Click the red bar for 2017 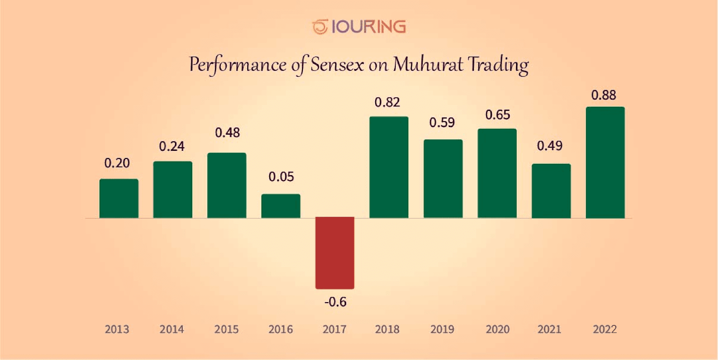tap(335, 253)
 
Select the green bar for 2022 tap(605, 162)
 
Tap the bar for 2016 tap(281, 206)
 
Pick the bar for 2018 tap(389, 167)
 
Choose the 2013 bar tap(119, 198)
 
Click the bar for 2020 tap(497, 173)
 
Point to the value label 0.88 tap(604, 95)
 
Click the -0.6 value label tap(335, 302)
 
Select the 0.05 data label tap(281, 177)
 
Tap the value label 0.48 tap(228, 132)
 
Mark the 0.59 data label tap(442, 123)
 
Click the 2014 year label tap(172, 329)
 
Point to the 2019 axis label tap(442, 329)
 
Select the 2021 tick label tap(549, 329)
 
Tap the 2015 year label tap(227, 329)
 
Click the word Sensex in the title tap(337, 65)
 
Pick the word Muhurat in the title tap(428, 65)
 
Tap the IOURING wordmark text tap(368, 27)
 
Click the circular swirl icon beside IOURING tap(320, 27)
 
